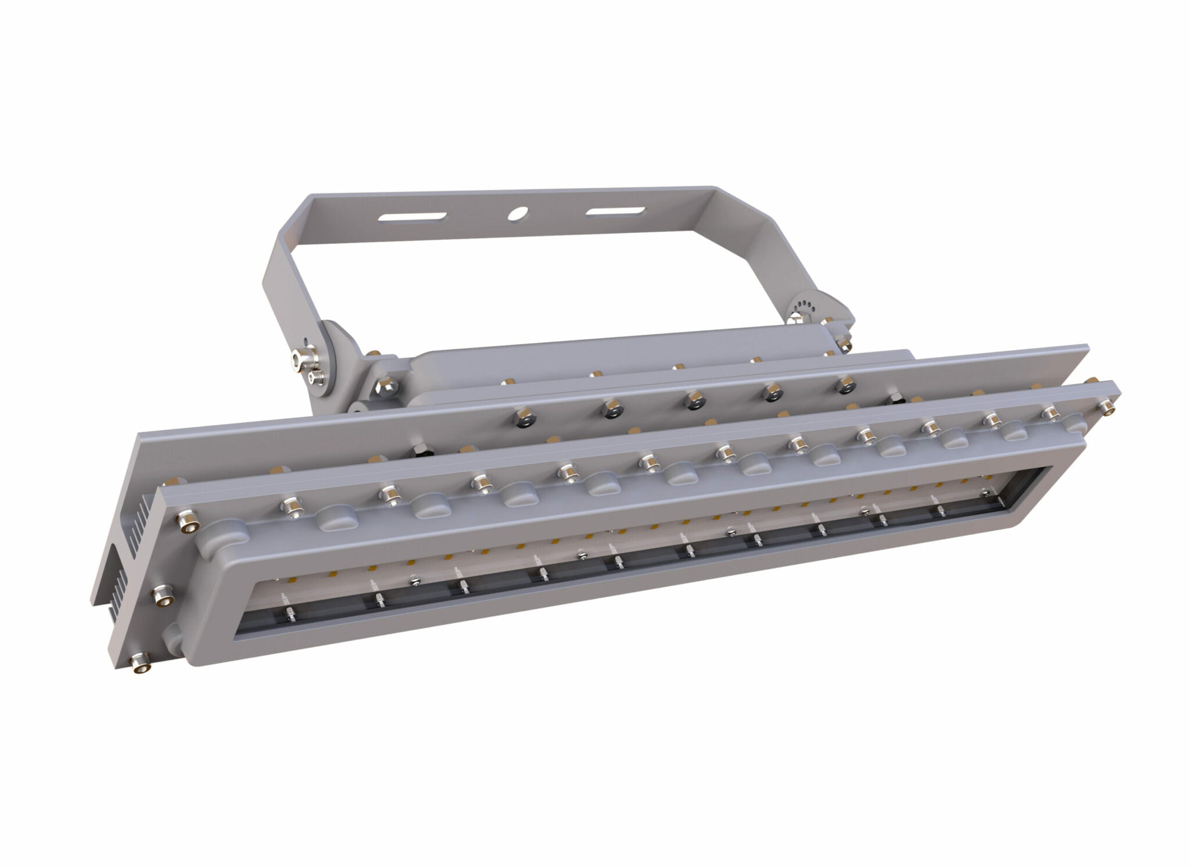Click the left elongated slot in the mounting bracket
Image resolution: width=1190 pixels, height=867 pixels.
(x=412, y=218)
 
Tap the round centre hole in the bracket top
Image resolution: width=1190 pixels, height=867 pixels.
(x=515, y=214)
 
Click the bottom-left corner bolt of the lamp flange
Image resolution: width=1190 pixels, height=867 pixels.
(x=140, y=662)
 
